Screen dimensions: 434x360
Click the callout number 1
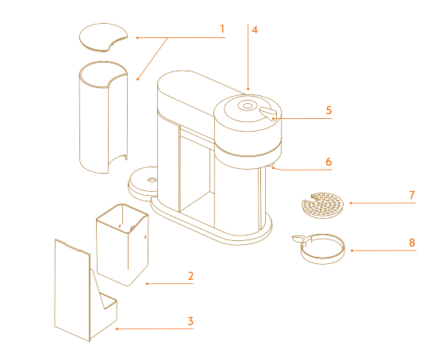[222, 29]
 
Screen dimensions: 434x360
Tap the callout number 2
[190, 276]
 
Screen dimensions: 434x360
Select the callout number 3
[190, 321]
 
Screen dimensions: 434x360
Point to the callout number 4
[255, 30]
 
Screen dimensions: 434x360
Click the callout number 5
[328, 110]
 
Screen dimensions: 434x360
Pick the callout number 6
[328, 162]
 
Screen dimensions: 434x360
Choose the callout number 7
[412, 195]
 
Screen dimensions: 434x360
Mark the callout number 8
[412, 243]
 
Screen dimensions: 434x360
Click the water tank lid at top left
[103, 37]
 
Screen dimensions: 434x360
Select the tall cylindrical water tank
[103, 117]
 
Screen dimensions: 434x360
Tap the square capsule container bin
[122, 244]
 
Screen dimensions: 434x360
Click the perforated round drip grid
[322, 205]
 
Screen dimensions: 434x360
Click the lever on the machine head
[268, 113]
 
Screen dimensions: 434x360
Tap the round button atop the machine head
[248, 105]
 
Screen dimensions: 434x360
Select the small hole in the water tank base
[152, 180]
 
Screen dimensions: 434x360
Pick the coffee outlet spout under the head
[271, 167]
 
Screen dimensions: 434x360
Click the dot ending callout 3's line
[117, 329]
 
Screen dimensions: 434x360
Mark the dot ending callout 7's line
[351, 203]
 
